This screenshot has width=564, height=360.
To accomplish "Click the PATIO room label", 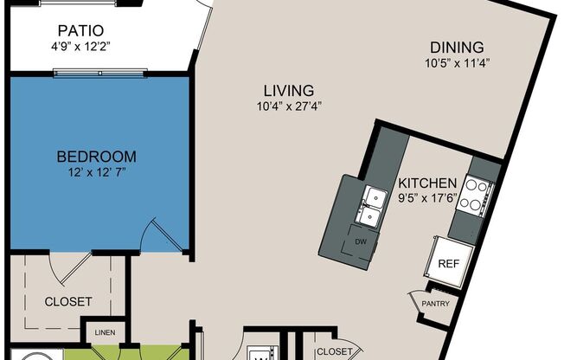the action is coord(81,30).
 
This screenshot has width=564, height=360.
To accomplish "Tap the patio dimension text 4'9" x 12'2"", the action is coord(80,47).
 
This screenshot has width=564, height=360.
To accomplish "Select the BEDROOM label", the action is coord(97,157).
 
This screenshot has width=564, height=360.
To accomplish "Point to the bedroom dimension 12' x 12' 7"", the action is coord(97,172).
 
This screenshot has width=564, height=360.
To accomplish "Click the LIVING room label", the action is coord(289,90).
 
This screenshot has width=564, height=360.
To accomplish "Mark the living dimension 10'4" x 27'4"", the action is coord(289,106).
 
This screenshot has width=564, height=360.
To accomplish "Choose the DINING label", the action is coord(458,48).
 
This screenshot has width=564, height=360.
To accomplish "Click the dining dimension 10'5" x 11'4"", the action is coord(458,63).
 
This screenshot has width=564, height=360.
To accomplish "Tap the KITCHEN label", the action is coord(427,183).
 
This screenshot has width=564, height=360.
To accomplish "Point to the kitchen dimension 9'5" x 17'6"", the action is coord(427,198).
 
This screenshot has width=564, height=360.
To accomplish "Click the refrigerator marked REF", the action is coord(449,262).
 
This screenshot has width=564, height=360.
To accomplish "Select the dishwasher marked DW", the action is coord(361,242).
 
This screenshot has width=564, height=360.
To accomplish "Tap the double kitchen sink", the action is coord(372,207).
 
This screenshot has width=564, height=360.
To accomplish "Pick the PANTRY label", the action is coord(436,304).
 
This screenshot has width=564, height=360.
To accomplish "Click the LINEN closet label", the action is coord(105,332).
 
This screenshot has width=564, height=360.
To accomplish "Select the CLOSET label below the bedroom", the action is coord(68,302).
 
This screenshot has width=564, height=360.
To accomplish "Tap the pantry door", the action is coord(417,301).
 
